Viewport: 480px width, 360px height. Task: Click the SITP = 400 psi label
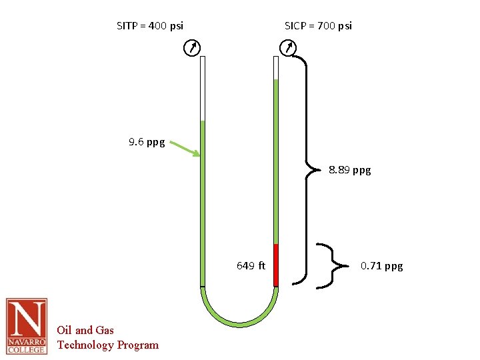click(x=150, y=26)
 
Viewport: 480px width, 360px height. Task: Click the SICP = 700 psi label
click(x=318, y=26)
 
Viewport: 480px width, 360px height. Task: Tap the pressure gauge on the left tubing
click(x=191, y=48)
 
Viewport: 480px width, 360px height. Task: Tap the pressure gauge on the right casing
click(x=288, y=48)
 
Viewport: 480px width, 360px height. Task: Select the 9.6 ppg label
click(x=147, y=142)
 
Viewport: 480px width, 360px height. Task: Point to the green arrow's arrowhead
click(x=197, y=155)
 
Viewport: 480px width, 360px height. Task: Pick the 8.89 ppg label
click(x=350, y=170)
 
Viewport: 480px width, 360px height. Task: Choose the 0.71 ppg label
click(x=381, y=266)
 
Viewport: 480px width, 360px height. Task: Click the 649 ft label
click(x=251, y=266)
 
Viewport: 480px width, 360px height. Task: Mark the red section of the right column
click(x=275, y=265)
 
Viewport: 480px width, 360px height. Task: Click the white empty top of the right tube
click(x=275, y=67)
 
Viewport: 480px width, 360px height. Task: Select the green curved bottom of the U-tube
click(x=239, y=321)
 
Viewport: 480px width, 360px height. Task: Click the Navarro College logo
click(x=27, y=326)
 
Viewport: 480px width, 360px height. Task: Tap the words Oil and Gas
click(x=85, y=330)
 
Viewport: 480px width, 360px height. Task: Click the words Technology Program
click(x=108, y=345)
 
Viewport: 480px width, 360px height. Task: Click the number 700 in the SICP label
click(x=327, y=26)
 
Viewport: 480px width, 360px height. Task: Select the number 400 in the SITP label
click(x=158, y=26)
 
